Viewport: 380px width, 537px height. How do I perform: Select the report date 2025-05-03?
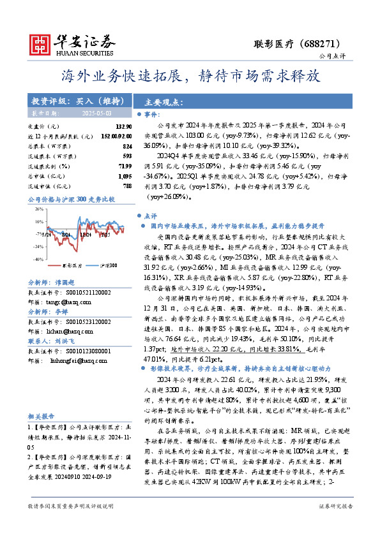(x=97, y=112)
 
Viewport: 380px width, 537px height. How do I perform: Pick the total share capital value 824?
(x=127, y=146)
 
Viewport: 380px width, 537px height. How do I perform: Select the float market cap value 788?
(x=127, y=185)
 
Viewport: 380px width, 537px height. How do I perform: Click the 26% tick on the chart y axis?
(x=39, y=209)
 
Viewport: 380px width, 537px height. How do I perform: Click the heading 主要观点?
(x=164, y=102)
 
